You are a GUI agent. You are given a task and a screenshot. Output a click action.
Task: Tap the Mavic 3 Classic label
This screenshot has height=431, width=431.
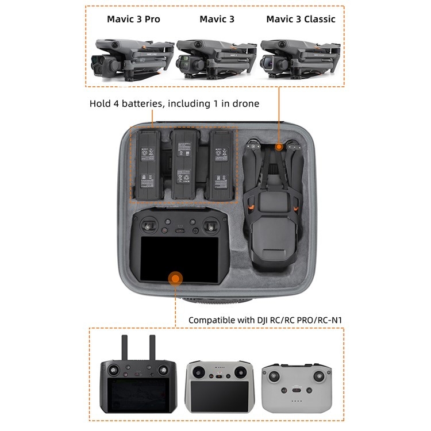tap(301, 19)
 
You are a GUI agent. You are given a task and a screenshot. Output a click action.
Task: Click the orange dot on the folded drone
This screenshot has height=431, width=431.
tap(279, 147)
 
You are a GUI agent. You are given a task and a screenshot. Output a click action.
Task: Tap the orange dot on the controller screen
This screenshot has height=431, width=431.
tap(175, 279)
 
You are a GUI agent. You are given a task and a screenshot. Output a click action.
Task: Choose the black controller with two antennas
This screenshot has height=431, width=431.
tap(138, 376)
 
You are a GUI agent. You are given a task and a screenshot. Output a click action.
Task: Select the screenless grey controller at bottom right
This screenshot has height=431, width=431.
tap(297, 384)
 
